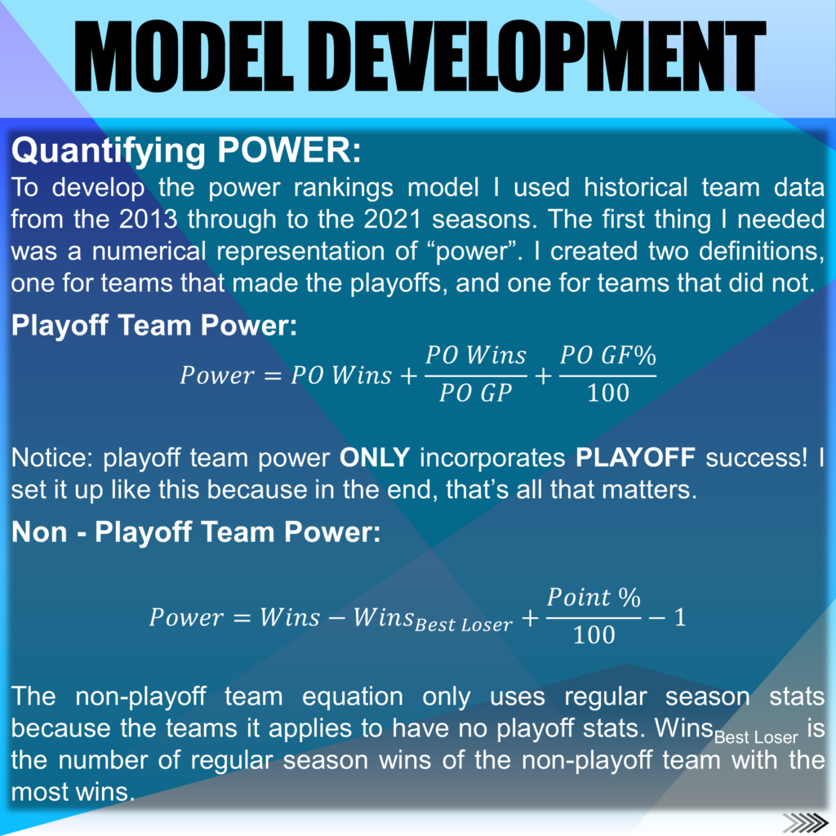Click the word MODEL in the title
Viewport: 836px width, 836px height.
click(x=184, y=57)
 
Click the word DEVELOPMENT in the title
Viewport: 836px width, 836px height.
click(x=544, y=57)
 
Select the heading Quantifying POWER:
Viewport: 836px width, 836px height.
click(x=186, y=151)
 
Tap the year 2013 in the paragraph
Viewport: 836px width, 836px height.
click(x=149, y=219)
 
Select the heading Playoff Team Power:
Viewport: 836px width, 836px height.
click(x=154, y=326)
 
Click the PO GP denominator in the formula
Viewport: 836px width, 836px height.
click(x=475, y=393)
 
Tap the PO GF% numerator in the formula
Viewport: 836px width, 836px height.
click(x=607, y=355)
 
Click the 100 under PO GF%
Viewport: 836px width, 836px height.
click(x=607, y=393)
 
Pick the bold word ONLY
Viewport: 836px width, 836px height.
click(x=375, y=458)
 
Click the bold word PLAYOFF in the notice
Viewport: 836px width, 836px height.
click(x=635, y=458)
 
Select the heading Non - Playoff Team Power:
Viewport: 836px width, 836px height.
click(x=196, y=532)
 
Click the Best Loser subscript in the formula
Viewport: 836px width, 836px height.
click(x=464, y=625)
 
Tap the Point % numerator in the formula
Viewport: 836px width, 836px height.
click(x=594, y=597)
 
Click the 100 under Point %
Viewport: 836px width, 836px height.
click(x=594, y=635)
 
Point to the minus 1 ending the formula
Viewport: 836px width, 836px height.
click(x=668, y=617)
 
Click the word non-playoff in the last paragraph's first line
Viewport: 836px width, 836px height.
click(x=140, y=697)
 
